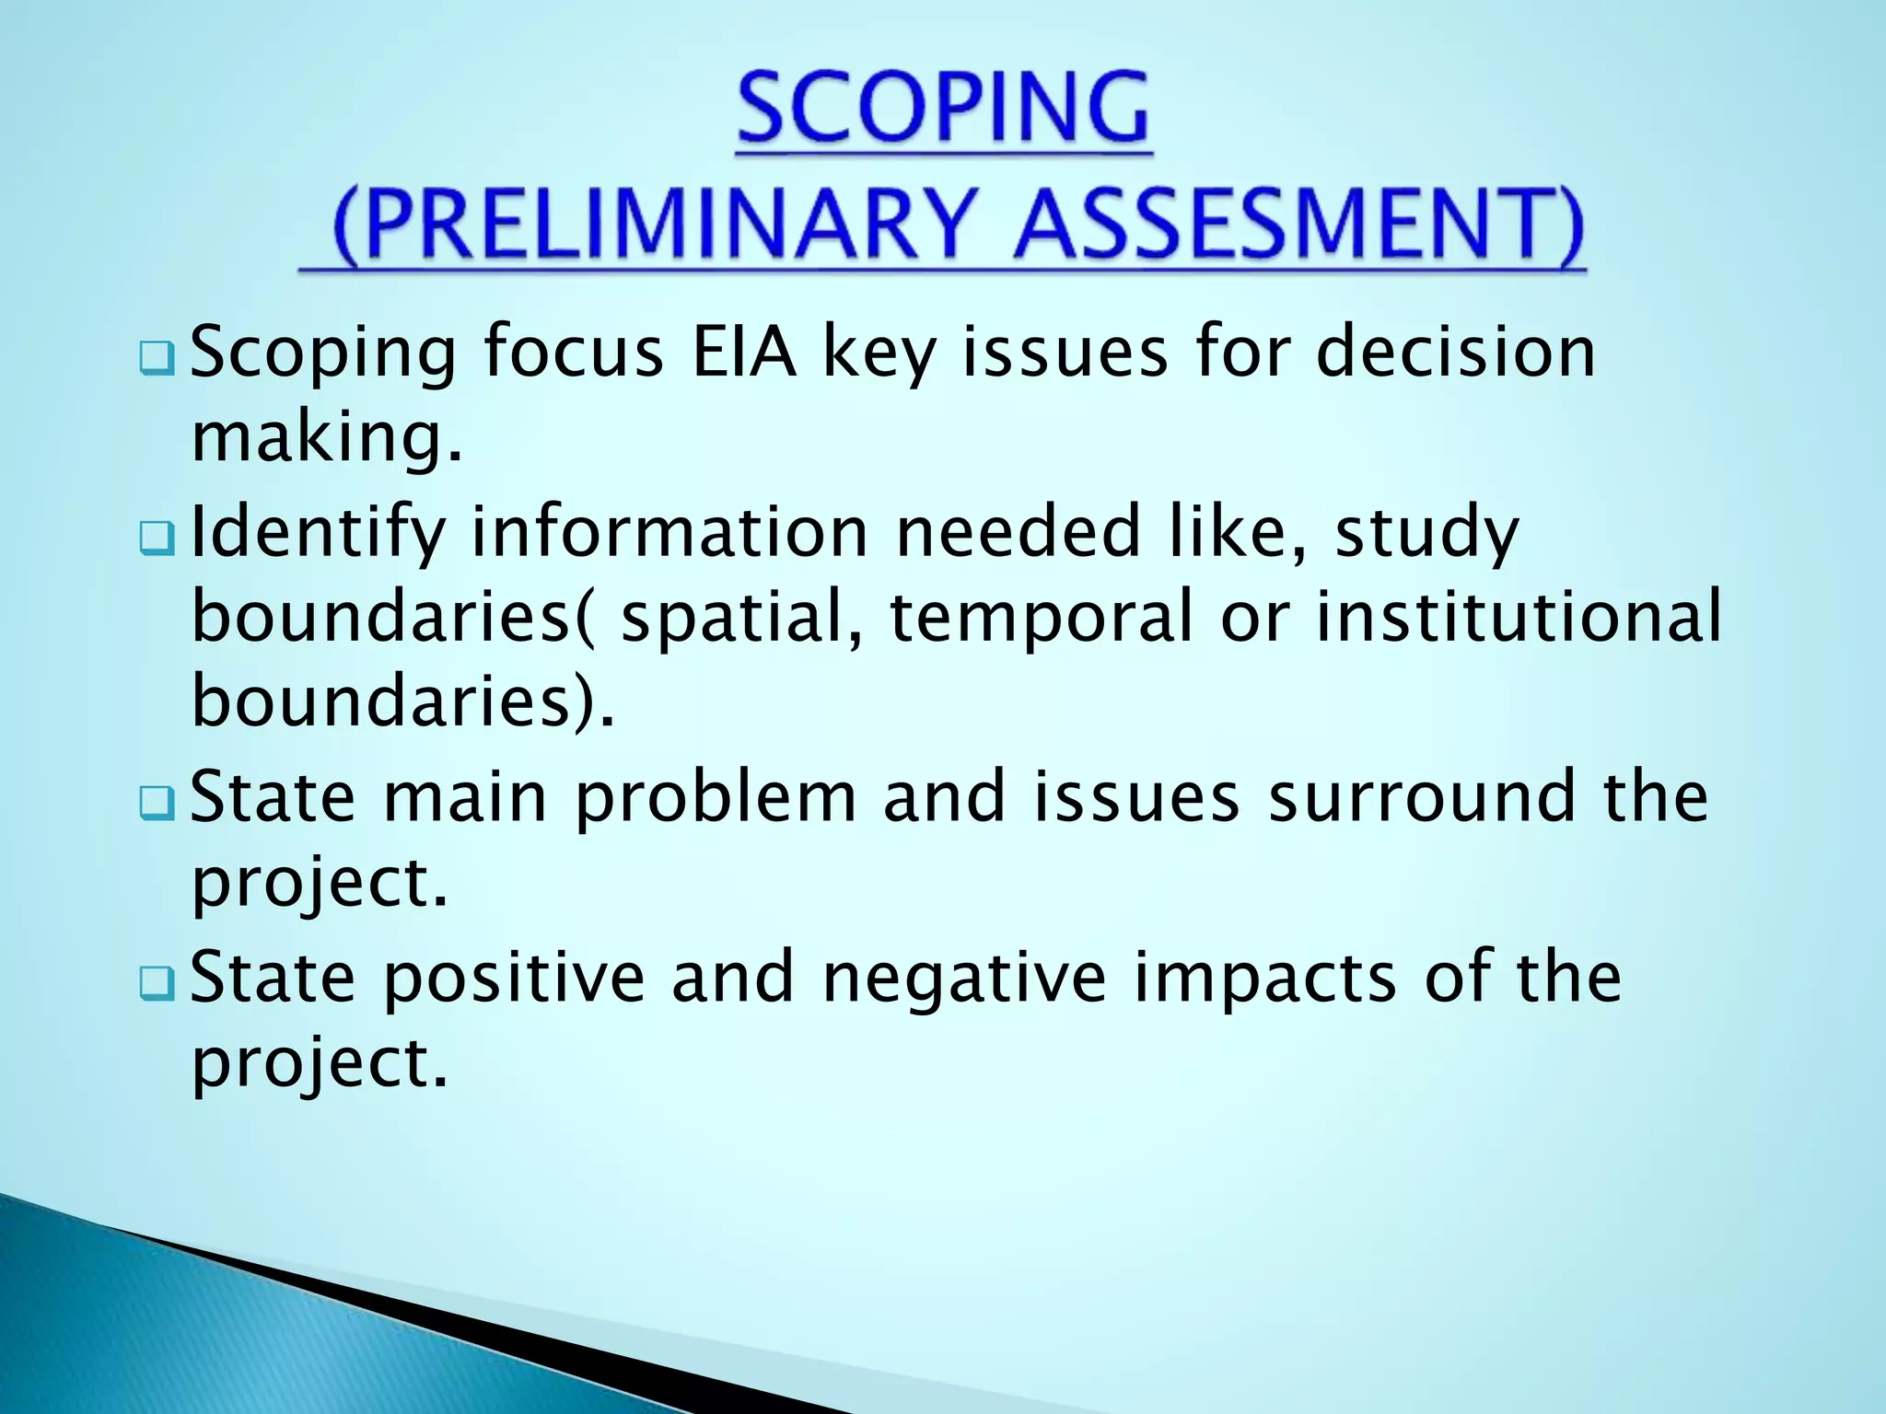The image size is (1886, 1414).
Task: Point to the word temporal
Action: (1041, 619)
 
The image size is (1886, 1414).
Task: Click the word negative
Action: (963, 978)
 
